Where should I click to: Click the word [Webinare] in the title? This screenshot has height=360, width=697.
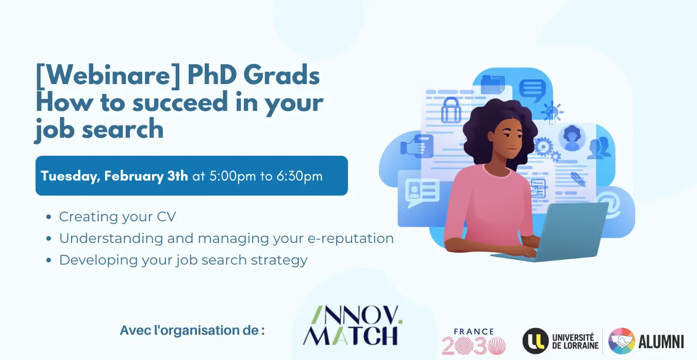point(108,75)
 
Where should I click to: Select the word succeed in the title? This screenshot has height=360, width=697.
point(180,102)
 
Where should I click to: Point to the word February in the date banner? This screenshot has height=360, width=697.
point(134,176)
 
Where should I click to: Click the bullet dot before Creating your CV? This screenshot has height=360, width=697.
point(48,217)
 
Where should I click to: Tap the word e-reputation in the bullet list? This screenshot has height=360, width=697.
point(351,239)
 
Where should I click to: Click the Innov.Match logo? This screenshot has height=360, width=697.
point(352,325)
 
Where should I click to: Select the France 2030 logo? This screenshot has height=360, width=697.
point(474,341)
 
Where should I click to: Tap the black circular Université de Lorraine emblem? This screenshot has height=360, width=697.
point(536,341)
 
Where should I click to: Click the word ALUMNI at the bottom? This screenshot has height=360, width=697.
point(661,341)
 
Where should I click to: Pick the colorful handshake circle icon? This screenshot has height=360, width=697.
point(621,341)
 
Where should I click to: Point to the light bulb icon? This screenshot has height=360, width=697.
point(552,112)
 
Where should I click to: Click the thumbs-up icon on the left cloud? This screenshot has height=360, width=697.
point(417,146)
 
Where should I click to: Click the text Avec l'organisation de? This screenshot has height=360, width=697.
point(192,331)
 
